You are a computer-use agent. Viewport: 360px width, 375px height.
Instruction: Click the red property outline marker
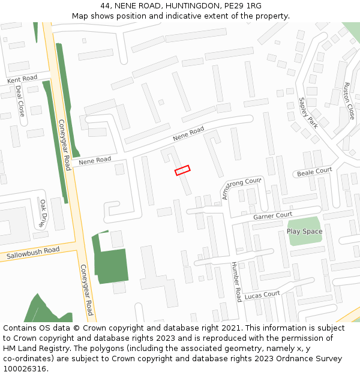coord(182,170)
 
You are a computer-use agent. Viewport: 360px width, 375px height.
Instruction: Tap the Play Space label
coord(304,231)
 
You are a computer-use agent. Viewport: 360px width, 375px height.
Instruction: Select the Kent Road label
coord(22,79)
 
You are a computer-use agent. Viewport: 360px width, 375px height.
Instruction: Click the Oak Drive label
coord(43,213)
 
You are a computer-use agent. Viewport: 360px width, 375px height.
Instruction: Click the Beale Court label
coord(314,172)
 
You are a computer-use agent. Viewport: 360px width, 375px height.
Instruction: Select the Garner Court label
coord(272,215)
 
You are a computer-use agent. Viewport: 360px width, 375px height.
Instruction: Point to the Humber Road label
coord(235,281)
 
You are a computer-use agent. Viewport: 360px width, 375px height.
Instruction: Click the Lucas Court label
coord(262,295)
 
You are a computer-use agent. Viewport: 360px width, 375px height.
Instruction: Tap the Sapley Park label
coord(308,113)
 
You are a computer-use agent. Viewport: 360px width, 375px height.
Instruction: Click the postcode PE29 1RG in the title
coord(244,6)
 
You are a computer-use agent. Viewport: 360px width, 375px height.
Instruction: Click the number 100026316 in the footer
coord(25,368)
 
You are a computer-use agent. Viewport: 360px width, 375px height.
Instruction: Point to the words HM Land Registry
coord(34,348)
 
